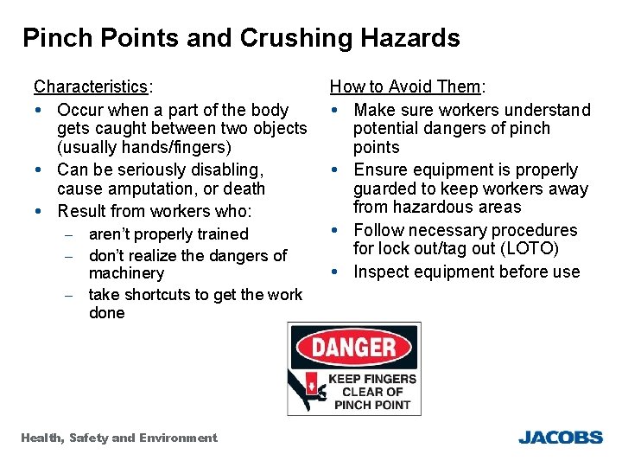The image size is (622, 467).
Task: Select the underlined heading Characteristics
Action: pyautogui.click(x=91, y=87)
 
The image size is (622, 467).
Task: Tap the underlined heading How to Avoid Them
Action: pyautogui.click(x=405, y=86)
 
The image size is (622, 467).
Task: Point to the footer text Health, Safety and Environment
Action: pyautogui.click(x=119, y=438)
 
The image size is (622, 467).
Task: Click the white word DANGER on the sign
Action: pyautogui.click(x=354, y=349)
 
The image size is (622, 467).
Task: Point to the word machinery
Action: pyautogui.click(x=126, y=273)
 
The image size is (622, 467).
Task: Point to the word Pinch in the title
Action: pyautogui.click(x=53, y=39)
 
